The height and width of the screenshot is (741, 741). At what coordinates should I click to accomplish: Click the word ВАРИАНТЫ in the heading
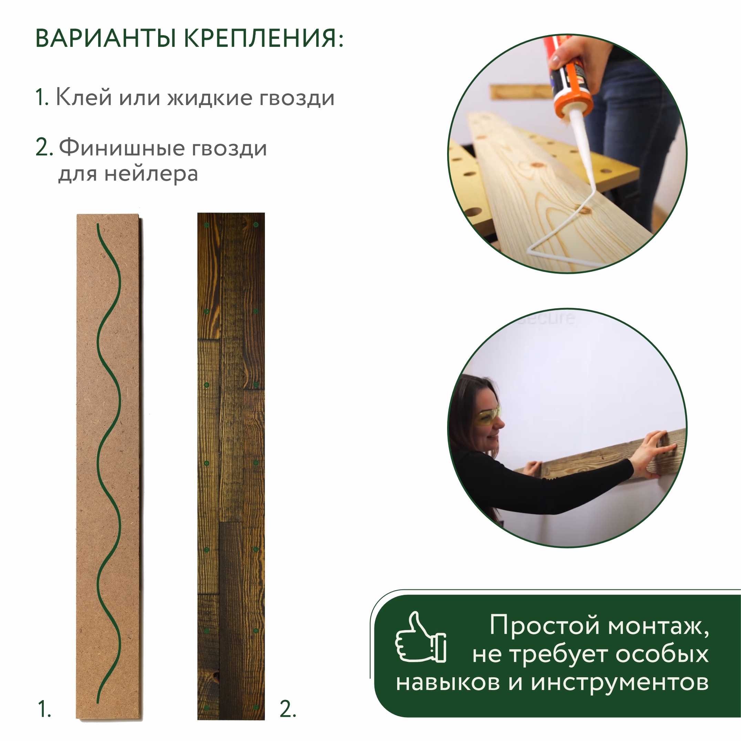(105, 38)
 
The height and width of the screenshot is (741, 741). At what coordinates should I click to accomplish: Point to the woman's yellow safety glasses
(488, 416)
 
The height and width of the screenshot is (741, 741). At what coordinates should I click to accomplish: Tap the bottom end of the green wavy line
(98, 702)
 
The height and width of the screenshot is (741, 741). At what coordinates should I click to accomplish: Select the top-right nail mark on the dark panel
(256, 225)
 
